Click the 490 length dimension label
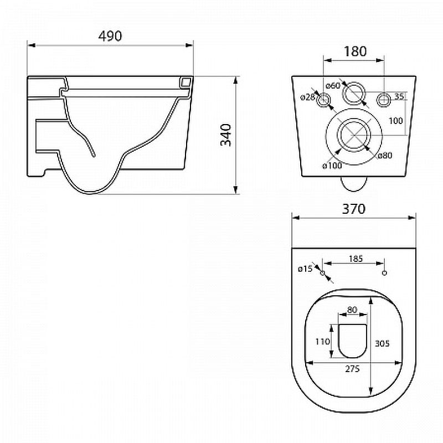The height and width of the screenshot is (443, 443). [110, 36]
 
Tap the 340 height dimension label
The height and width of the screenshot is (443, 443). [226, 135]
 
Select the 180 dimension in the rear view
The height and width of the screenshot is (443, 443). [355, 51]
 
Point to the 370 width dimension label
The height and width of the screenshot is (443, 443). [354, 209]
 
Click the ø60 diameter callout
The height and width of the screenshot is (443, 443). [333, 85]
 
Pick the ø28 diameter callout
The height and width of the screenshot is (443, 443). [307, 97]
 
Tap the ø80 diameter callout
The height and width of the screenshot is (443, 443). [385, 155]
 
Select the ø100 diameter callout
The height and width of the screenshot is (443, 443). [332, 166]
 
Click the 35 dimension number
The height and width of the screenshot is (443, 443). [399, 96]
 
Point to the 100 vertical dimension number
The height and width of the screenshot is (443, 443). [395, 121]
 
